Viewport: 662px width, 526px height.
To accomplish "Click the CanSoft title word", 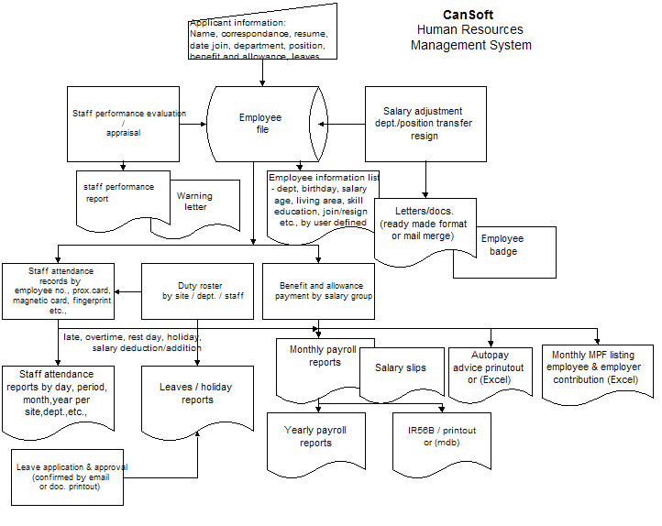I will (469, 15).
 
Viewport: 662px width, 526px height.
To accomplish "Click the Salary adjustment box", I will (424, 123).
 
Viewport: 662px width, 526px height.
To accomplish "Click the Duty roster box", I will (198, 291).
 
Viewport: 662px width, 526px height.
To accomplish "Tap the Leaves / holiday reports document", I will (197, 396).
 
